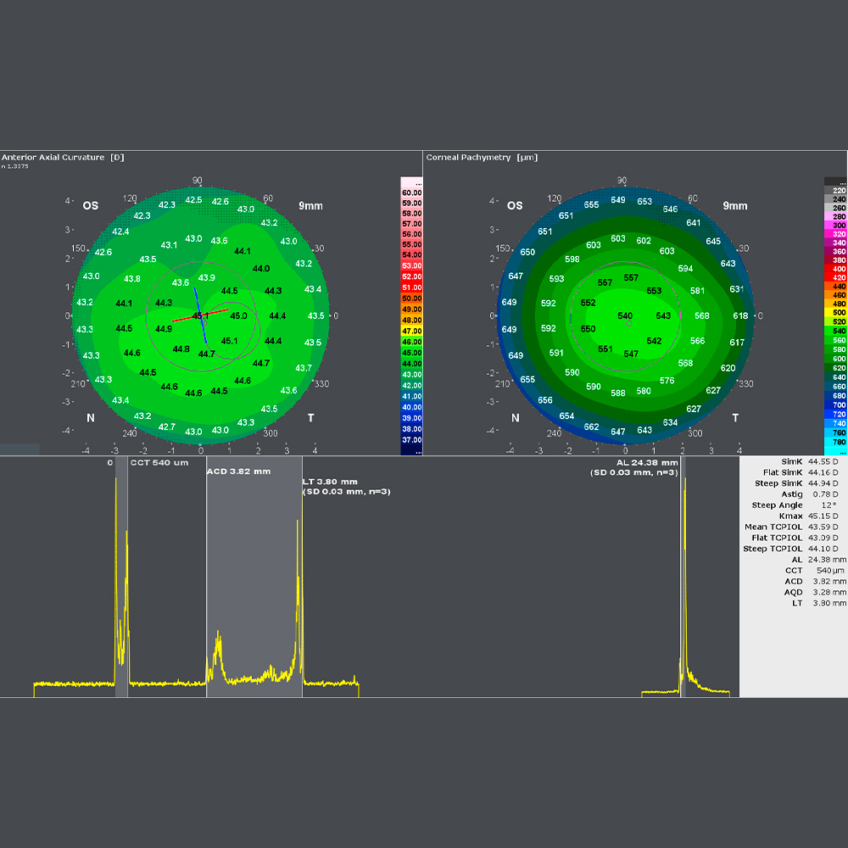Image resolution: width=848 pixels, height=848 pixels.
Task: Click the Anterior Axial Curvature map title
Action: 53,158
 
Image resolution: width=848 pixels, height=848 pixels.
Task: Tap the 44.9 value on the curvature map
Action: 164,329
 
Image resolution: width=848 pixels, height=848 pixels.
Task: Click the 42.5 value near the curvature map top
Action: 194,200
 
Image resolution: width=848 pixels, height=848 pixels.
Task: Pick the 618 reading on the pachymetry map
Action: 740,315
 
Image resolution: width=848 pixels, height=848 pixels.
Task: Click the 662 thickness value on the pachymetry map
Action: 592,427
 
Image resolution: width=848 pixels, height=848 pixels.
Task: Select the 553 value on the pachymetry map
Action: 654,291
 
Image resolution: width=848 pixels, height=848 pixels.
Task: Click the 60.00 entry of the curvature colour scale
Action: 411,193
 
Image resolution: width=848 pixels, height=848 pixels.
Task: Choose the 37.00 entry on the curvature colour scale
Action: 411,439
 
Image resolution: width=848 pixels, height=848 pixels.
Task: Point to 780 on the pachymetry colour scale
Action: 839,442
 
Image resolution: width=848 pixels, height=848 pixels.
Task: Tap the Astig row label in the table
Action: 791,494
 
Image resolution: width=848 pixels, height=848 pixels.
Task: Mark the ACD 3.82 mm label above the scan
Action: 238,471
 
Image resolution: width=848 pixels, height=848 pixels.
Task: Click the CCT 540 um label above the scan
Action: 159,463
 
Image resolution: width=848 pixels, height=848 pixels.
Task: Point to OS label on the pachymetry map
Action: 515,206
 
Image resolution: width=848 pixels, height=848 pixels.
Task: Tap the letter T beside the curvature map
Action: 310,418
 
